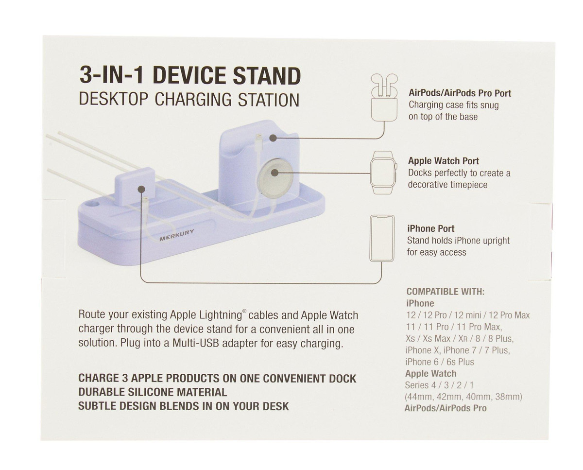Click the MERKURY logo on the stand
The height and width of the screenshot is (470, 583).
[177, 235]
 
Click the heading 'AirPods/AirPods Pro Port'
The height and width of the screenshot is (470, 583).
[460, 93]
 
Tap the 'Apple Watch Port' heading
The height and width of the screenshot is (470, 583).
[444, 161]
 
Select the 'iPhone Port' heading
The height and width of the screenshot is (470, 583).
[431, 228]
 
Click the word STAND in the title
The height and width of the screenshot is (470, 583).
[267, 76]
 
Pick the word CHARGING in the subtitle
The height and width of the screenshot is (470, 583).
[193, 100]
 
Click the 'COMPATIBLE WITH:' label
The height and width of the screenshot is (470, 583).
[446, 292]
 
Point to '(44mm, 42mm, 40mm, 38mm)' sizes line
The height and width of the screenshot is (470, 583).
[463, 397]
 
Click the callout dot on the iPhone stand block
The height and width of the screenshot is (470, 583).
[141, 189]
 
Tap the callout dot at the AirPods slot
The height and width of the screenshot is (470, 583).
[274, 138]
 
